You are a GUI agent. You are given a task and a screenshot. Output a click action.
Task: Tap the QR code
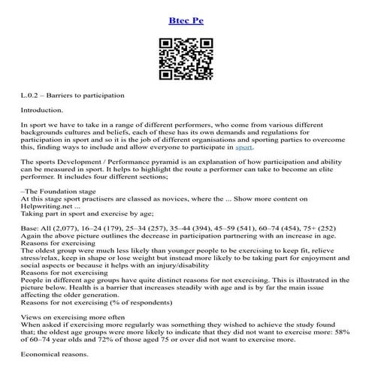pyautogui.click(x=186, y=58)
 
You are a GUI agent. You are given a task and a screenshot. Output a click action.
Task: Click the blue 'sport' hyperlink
pyautogui.click(x=245, y=147)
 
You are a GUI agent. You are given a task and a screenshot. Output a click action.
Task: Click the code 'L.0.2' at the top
pyautogui.click(x=32, y=95)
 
